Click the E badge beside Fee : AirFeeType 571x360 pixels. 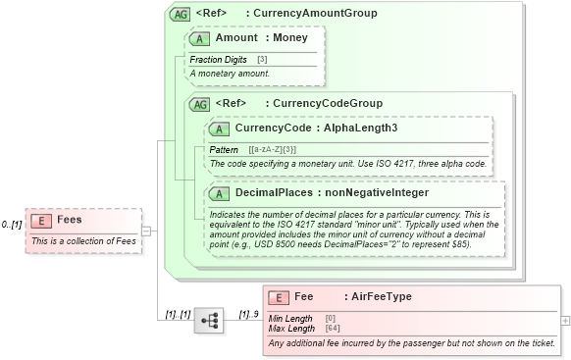coord(280,296)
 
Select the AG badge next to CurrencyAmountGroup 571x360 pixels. coord(181,14)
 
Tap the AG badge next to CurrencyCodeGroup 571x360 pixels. coord(200,103)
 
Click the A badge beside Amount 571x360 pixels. coord(201,38)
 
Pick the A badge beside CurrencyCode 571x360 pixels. coord(221,128)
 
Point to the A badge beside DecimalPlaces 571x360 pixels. coord(221,193)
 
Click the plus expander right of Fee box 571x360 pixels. coord(564,321)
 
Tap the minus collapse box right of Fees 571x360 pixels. coord(145,231)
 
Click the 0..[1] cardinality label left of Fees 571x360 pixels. coord(12,225)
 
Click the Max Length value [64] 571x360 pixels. coord(332,328)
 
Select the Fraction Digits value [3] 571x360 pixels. coord(262,60)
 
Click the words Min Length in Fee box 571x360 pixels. coord(290,318)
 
